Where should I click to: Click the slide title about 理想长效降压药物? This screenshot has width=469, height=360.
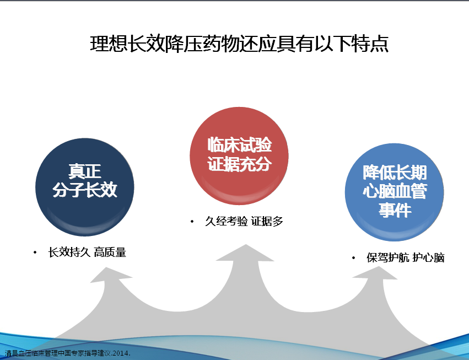(x=239, y=44)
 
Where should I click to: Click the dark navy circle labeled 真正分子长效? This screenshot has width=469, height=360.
(x=85, y=187)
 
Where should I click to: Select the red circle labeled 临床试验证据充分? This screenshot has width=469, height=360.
(x=239, y=156)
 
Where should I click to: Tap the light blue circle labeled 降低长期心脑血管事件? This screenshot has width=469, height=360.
(x=394, y=192)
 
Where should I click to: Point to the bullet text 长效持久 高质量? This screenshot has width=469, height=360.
(x=87, y=252)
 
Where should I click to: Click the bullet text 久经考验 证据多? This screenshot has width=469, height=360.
(x=244, y=221)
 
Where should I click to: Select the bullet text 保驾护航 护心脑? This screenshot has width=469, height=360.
(x=406, y=257)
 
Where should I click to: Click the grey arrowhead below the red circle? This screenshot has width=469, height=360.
(x=246, y=253)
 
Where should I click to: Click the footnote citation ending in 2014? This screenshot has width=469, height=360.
(x=68, y=353)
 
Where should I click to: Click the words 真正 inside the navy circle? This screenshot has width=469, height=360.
(x=85, y=171)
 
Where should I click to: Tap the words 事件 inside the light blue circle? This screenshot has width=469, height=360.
(x=395, y=210)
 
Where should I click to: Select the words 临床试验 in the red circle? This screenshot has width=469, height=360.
(x=240, y=145)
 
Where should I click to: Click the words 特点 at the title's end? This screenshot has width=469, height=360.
(x=370, y=44)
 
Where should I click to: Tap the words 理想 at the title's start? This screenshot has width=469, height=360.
(x=108, y=44)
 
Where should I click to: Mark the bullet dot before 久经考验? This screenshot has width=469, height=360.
(x=192, y=222)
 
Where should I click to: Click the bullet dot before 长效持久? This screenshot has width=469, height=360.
(x=35, y=252)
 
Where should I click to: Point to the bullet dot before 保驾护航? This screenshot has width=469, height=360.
(x=354, y=258)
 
